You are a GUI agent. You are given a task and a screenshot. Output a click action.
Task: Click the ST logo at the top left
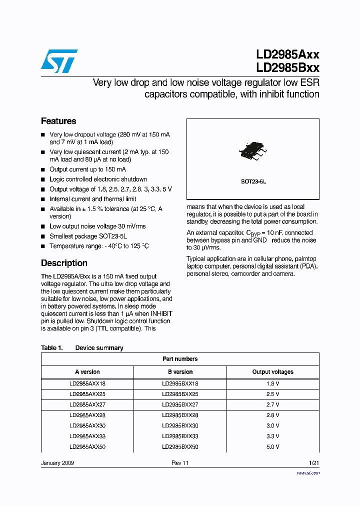point(59,61)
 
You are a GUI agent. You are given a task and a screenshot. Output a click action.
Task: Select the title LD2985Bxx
point(287,68)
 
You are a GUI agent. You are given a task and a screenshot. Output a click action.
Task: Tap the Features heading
point(58,121)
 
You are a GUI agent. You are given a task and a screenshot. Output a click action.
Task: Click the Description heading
point(64,263)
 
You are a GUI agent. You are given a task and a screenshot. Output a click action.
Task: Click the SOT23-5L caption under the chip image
point(253,182)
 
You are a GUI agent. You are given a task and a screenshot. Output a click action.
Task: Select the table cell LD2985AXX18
point(87,384)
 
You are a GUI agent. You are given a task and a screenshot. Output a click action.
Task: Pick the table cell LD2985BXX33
point(180,436)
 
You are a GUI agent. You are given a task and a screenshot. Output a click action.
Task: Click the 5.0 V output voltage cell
point(272,446)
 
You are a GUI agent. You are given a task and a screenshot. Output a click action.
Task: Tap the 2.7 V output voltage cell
point(272,404)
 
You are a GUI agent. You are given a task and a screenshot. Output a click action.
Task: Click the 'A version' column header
point(87,372)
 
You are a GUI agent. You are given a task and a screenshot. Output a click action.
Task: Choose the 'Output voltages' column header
point(272,372)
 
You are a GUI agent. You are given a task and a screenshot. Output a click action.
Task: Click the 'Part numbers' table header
point(180,359)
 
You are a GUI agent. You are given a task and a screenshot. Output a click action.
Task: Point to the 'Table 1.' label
point(51,348)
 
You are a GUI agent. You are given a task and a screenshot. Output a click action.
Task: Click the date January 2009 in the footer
point(57,463)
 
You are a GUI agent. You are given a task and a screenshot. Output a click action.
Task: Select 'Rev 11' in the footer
point(180,463)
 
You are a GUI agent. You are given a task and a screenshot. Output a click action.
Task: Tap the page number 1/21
point(313,463)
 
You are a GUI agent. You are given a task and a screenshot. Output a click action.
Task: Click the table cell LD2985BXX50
point(180,446)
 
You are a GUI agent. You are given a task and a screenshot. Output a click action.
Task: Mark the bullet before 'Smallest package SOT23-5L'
point(43,236)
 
